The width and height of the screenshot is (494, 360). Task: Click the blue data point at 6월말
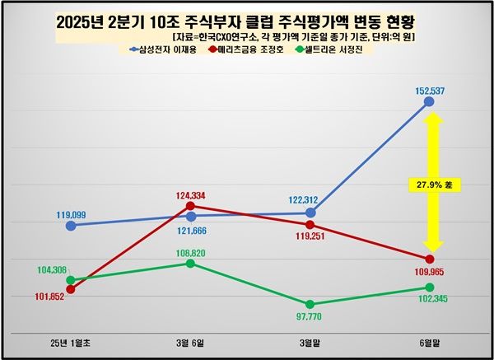[x=429, y=101]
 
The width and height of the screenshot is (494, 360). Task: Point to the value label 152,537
[x=429, y=88]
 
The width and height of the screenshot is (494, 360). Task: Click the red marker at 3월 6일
[x=190, y=206]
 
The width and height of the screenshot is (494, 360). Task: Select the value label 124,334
[x=190, y=194]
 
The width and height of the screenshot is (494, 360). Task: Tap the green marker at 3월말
[x=310, y=304]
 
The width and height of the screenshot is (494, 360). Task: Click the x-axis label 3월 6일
[x=190, y=340]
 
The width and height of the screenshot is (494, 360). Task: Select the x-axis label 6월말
[x=429, y=340]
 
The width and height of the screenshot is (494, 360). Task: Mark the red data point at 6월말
[x=429, y=259]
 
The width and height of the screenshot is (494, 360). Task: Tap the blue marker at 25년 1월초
[x=71, y=225]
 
